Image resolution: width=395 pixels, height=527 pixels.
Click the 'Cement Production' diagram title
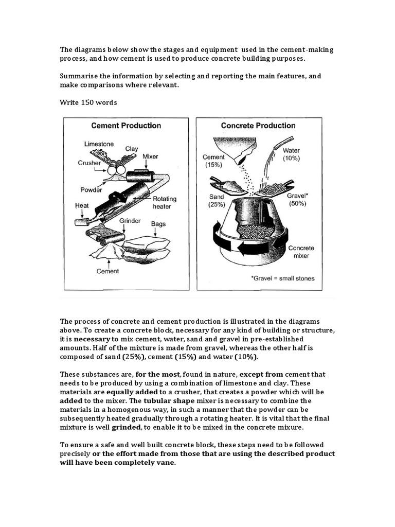126,126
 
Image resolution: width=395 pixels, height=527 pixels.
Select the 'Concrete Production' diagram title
258,126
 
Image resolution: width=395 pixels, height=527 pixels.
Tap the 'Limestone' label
99,144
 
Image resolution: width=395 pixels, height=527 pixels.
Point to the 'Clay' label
132,149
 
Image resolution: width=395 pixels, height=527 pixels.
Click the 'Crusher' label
89,162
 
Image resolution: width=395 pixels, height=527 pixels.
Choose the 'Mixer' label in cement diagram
150,156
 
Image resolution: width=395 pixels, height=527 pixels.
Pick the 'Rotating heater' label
164,202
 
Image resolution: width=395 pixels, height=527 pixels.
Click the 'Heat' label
82,205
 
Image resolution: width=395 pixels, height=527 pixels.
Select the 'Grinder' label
130,220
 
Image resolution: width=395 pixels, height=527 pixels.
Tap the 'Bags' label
158,224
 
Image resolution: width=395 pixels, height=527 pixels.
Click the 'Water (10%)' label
291,155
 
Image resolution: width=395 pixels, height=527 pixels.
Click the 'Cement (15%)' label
213,161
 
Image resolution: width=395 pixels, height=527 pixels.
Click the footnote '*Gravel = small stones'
282,278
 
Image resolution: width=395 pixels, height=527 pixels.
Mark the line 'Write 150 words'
88,102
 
